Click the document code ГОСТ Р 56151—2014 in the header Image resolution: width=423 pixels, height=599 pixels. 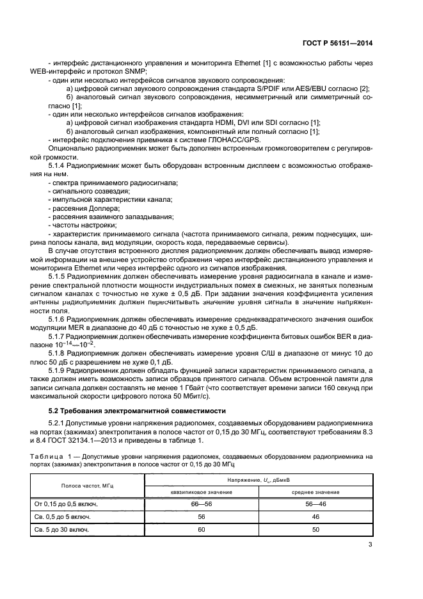point(337,44)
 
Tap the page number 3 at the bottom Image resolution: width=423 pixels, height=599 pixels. point(370,545)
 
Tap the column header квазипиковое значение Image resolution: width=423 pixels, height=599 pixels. point(201,492)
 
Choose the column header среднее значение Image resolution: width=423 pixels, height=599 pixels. point(315,492)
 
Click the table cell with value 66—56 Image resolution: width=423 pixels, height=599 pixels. point(201,505)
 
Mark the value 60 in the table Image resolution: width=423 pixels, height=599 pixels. point(201,530)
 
